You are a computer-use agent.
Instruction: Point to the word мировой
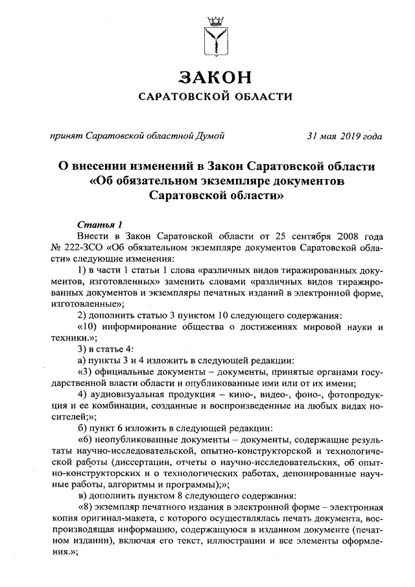point(322,326)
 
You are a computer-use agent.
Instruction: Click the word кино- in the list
point(243,394)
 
